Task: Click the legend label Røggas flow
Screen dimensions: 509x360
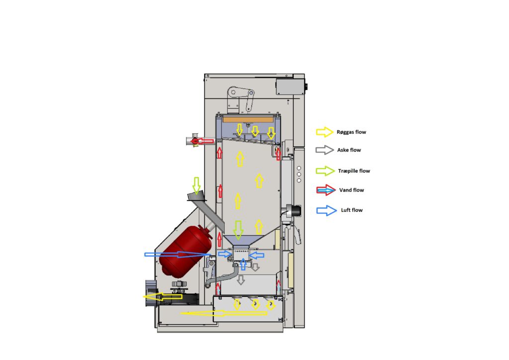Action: point(351,132)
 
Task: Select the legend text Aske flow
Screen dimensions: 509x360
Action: point(349,150)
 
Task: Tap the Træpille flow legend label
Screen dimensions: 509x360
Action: point(354,171)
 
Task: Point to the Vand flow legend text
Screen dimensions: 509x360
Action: point(351,190)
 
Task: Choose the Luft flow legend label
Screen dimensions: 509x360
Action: point(351,210)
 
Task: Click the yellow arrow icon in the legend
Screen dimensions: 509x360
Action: point(325,132)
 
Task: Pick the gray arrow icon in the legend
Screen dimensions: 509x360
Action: point(325,150)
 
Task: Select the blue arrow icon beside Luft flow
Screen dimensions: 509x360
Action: point(326,211)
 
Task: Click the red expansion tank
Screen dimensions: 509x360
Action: point(185,251)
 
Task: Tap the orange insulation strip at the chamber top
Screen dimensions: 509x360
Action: point(248,119)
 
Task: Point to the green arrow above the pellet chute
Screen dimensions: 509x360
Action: point(196,185)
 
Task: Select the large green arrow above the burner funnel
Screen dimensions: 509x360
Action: point(239,230)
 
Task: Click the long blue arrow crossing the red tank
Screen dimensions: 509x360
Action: point(178,255)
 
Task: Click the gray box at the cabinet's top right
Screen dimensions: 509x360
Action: point(290,87)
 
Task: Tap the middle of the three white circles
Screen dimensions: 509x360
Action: point(299,175)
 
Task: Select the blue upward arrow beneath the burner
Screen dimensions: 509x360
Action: point(243,264)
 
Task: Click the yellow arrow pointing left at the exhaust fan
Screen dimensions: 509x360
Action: point(163,297)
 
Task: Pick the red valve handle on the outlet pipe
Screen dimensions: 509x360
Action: point(195,142)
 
